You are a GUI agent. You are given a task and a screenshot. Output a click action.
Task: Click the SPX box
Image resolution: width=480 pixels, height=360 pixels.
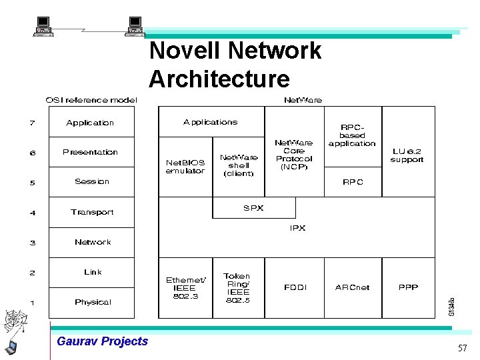[253, 208]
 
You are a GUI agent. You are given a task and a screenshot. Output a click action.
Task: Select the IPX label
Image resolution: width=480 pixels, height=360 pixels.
[297, 228]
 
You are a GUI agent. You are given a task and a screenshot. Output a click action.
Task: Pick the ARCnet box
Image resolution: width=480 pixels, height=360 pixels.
[352, 287]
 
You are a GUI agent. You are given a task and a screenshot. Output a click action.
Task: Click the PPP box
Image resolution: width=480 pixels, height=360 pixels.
[408, 287]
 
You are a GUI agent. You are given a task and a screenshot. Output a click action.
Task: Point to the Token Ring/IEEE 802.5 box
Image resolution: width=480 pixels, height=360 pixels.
[238, 287]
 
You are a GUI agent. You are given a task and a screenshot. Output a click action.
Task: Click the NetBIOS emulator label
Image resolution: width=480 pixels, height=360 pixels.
[185, 167]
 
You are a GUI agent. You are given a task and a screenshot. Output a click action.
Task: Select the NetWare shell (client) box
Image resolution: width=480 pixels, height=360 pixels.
[238, 165]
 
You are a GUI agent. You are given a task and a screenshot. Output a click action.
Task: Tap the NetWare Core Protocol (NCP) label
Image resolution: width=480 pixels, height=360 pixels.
[294, 155]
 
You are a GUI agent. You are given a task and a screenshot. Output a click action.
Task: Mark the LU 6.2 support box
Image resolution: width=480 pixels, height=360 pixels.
[407, 155]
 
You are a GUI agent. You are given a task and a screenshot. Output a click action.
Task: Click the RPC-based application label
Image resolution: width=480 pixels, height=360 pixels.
[352, 135]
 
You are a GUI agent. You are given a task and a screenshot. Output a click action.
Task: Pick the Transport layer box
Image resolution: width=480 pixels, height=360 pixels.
[92, 212]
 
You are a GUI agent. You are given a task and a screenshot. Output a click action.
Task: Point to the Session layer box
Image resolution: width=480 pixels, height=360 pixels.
[92, 181]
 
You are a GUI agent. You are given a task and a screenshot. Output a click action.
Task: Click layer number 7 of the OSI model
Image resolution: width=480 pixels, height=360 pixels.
[32, 123]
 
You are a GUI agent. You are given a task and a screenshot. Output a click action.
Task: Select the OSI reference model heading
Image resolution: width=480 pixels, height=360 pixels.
[91, 100]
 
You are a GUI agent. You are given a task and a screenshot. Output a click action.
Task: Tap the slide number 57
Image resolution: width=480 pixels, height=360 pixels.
[462, 349]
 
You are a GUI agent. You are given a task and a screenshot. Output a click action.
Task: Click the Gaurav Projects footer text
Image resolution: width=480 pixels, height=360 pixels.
[103, 341]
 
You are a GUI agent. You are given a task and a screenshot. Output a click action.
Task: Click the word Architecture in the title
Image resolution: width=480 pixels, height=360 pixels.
[219, 79]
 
